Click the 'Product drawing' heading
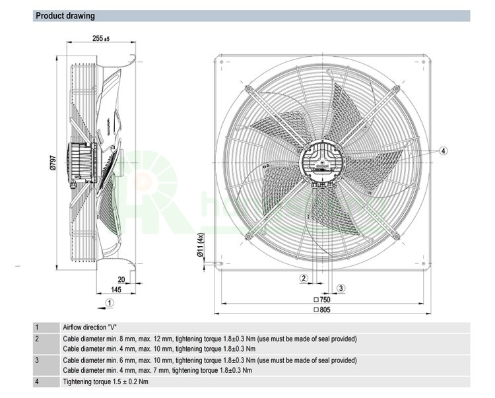pyautogui.click(x=65, y=16)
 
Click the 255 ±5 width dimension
pyautogui.click(x=101, y=39)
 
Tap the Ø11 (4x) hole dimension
pyautogui.click(x=200, y=246)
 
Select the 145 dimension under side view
pyautogui.click(x=116, y=290)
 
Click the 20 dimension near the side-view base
pyautogui.click(x=121, y=279)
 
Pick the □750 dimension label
pyautogui.click(x=323, y=299)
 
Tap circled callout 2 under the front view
pyautogui.click(x=304, y=279)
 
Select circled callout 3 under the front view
pyautogui.click(x=341, y=288)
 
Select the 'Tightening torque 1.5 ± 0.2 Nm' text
pyautogui.click(x=106, y=382)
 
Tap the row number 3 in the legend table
pyautogui.click(x=37, y=360)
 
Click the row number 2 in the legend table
pyautogui.click(x=37, y=339)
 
